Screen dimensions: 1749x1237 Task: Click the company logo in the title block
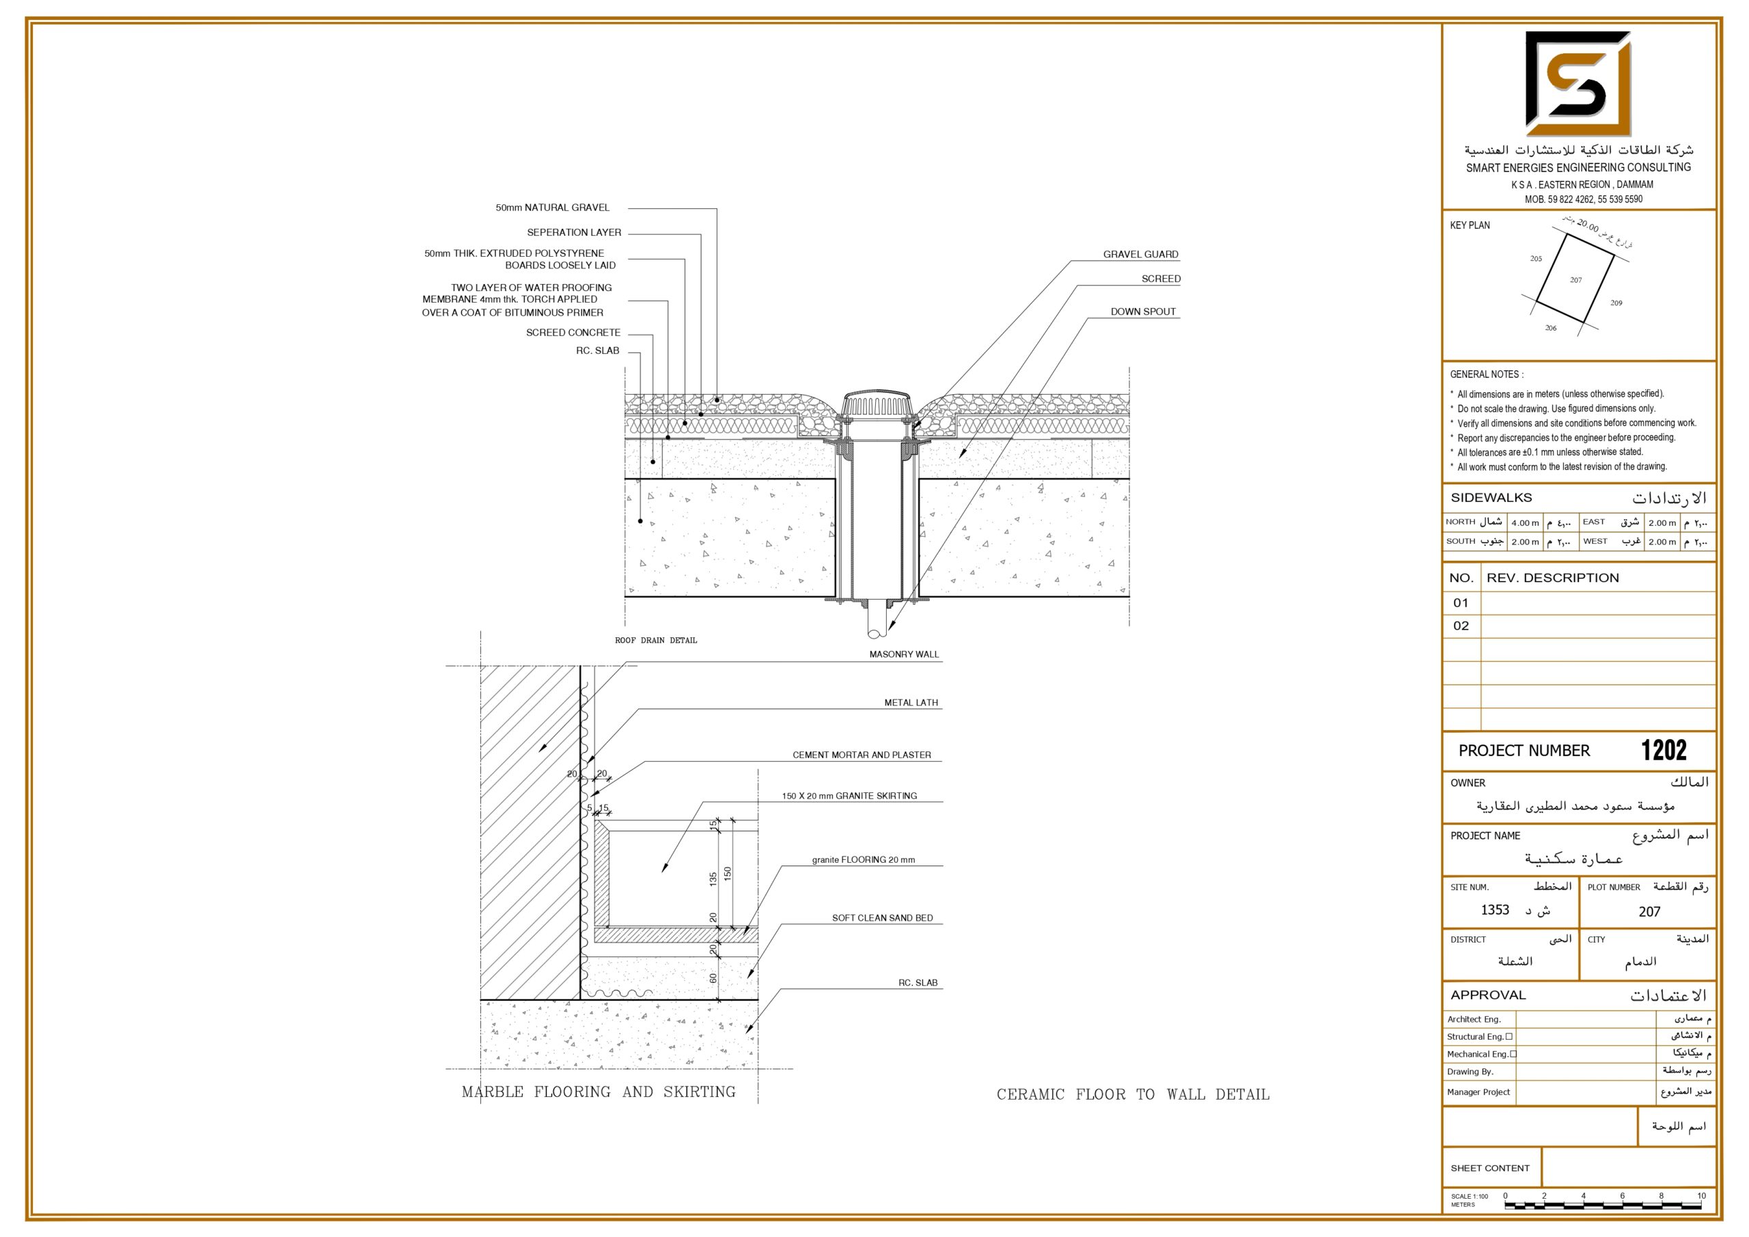1578,84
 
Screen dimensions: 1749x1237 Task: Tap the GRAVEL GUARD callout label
1140,254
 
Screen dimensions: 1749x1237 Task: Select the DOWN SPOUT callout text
1142,311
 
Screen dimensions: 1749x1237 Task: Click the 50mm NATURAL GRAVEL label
552,207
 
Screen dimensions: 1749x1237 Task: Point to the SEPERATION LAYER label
574,232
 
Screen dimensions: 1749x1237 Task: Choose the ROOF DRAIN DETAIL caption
656,641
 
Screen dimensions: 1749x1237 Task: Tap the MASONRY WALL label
904,654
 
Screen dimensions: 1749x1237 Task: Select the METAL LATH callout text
911,703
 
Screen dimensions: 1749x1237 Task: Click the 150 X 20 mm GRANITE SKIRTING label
849,796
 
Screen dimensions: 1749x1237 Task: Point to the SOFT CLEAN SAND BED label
882,918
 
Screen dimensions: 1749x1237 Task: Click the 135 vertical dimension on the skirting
713,879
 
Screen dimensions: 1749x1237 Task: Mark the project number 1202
1664,750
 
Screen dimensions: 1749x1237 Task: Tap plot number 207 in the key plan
1575,279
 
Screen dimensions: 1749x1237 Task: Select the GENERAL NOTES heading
1486,374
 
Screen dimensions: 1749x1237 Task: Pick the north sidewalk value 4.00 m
1525,523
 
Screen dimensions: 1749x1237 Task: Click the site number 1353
1495,909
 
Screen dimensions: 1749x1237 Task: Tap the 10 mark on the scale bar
1701,1196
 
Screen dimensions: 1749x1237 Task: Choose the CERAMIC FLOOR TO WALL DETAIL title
1133,1094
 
